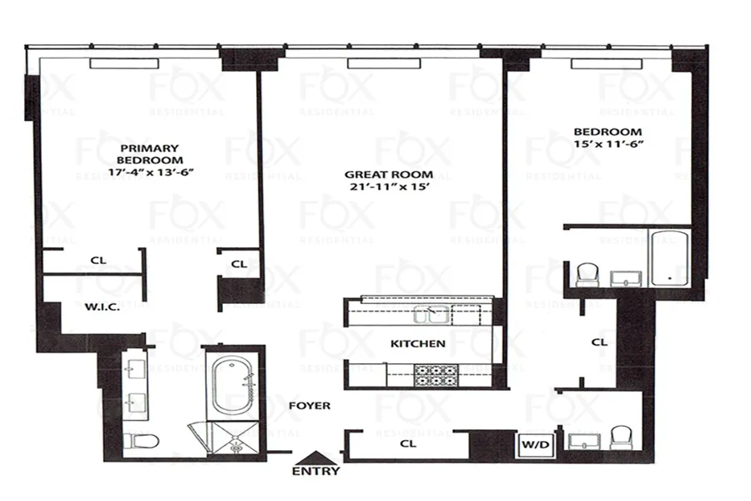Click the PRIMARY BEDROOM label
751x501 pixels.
point(149,153)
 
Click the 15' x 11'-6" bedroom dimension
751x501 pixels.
point(607,144)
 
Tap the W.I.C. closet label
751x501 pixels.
point(103,306)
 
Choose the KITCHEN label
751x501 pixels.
point(417,343)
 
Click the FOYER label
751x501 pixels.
point(310,406)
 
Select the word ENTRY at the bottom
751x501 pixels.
point(315,471)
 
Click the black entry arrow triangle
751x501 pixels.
point(315,456)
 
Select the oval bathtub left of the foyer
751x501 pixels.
point(231,384)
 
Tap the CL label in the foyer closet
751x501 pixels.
point(407,444)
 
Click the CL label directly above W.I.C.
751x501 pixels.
point(98,261)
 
